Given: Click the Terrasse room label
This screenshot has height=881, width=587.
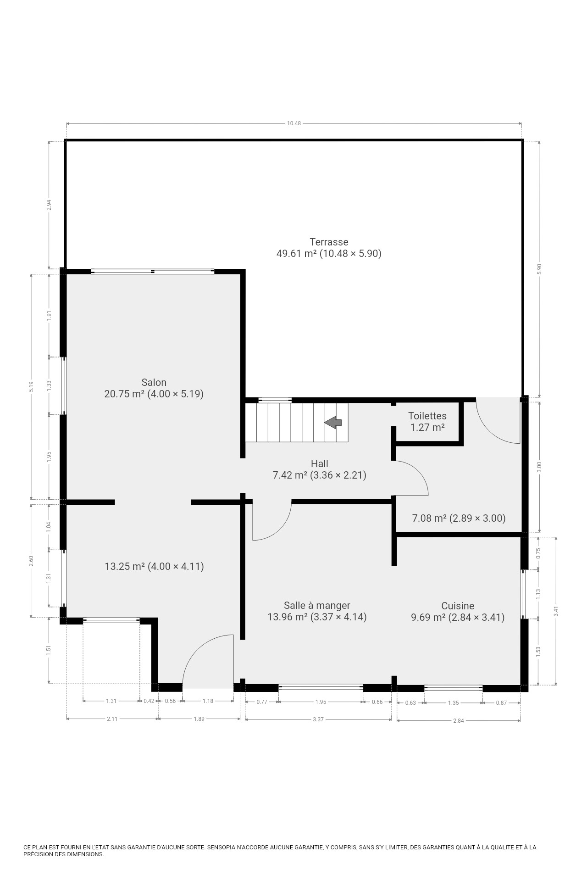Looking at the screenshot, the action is [329, 242].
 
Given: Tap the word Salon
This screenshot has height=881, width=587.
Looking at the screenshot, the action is [154, 382].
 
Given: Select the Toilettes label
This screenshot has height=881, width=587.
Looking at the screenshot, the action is [427, 416].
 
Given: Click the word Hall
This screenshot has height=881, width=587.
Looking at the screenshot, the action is [319, 463].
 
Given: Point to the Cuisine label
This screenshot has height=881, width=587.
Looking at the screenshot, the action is [458, 606].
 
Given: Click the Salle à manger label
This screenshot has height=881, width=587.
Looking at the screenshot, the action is [317, 606].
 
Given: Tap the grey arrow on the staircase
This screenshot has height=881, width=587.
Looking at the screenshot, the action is [333, 422].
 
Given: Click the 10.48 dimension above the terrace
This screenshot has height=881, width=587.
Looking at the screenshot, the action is [294, 123].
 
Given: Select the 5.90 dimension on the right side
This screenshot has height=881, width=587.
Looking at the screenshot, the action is [539, 269].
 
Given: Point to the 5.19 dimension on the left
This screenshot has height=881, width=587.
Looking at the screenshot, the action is [31, 387].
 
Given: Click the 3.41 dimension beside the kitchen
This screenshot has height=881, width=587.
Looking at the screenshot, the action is [556, 611].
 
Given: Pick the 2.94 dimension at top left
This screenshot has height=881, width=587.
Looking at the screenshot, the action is [49, 205].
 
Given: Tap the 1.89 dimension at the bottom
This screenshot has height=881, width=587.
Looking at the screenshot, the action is [199, 719].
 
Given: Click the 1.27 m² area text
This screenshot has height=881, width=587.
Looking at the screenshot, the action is [427, 428].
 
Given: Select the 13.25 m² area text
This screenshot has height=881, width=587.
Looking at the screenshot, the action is [154, 566].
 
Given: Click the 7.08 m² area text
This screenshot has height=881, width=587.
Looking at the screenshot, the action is [459, 519].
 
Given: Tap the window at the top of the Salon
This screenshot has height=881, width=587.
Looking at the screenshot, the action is [153, 272].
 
